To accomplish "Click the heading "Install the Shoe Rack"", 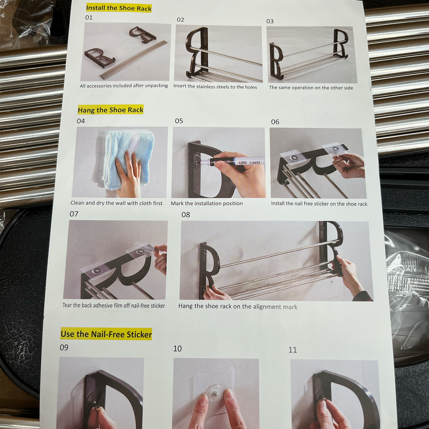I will point(119,8).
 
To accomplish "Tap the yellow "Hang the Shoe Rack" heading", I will point(110,110).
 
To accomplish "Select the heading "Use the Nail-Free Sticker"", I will point(106,334).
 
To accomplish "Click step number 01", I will point(89,18).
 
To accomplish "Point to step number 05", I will point(179,121).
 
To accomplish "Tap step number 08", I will point(186,215).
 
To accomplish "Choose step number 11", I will point(292,350).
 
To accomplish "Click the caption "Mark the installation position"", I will point(207,203).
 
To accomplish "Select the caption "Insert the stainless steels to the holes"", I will point(215,87).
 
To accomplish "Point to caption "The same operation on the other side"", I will point(311,88).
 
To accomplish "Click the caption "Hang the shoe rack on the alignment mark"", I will point(238,306).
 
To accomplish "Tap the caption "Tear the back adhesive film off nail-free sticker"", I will point(113,305).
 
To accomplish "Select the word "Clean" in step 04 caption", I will point(77,203).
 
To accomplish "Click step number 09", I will point(64,347).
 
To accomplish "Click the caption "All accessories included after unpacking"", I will point(124,86).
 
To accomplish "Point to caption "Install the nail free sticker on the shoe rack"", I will point(319,204).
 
